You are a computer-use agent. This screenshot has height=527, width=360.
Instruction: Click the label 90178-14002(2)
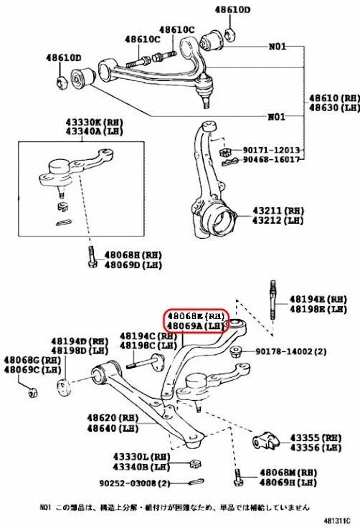284,351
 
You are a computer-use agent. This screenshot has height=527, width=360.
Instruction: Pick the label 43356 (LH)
315,447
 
